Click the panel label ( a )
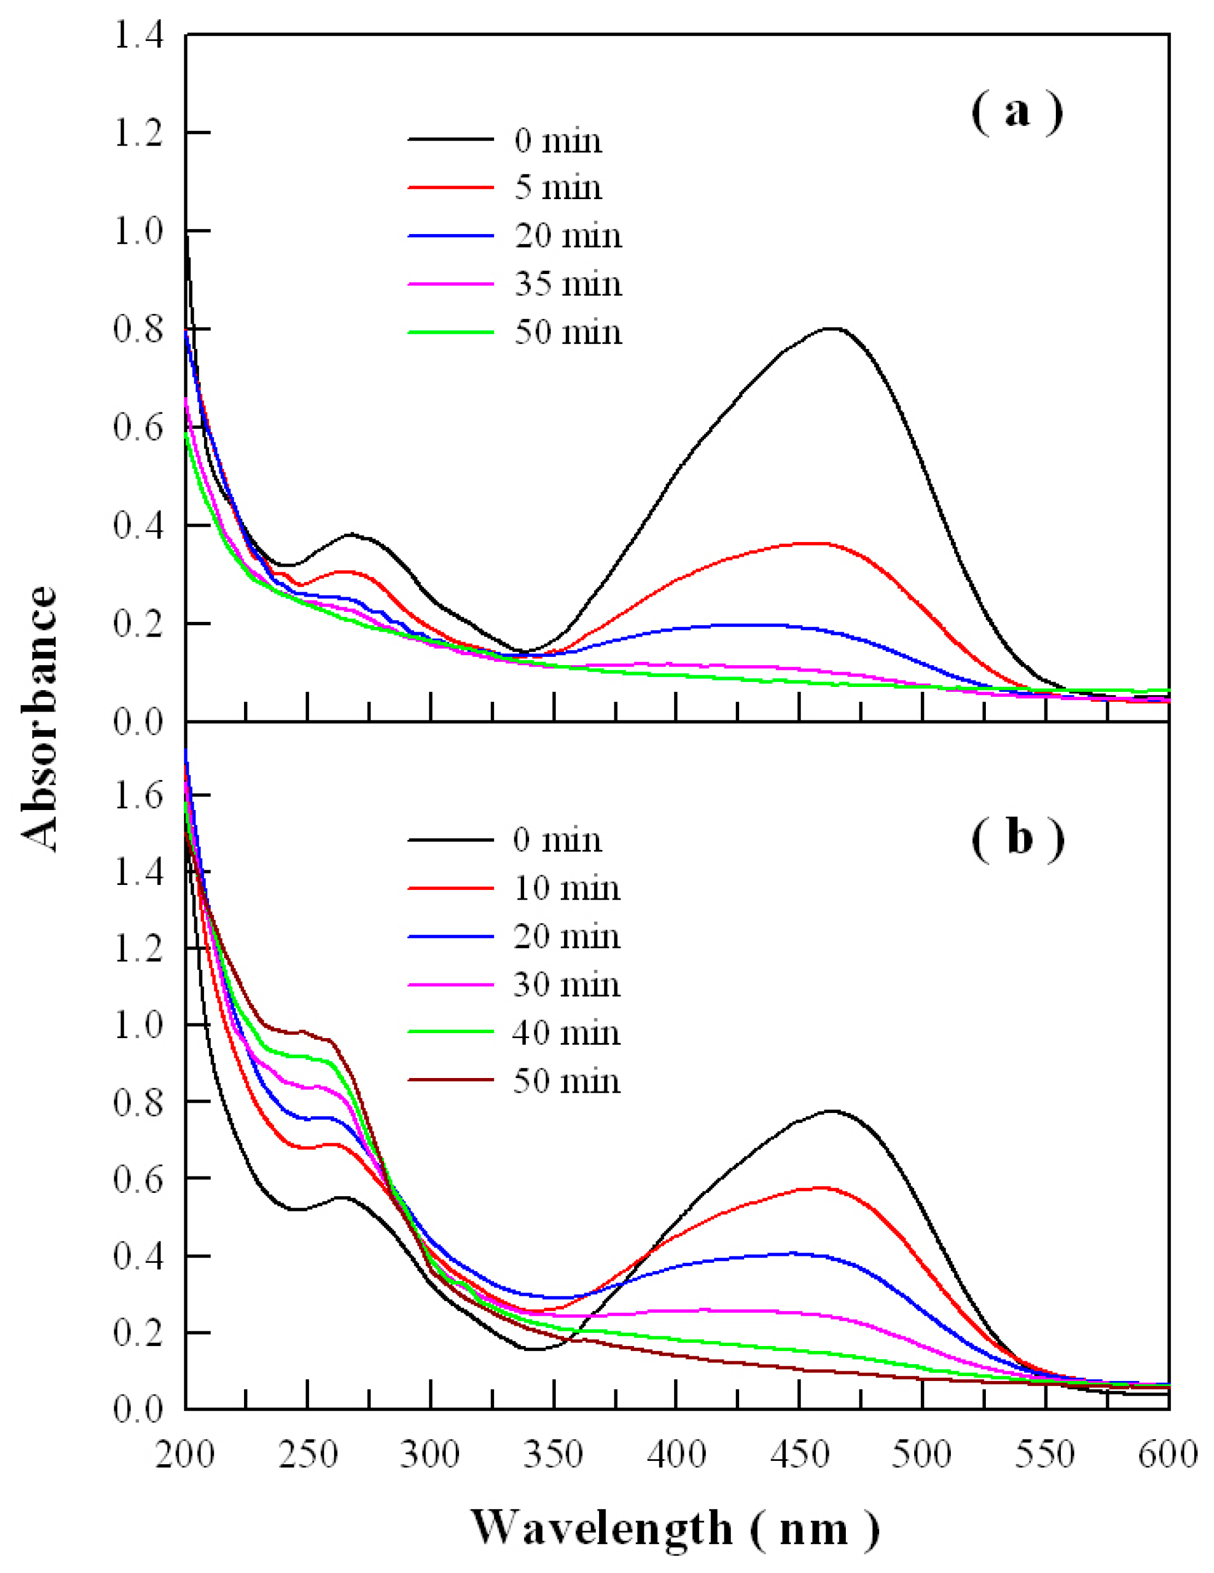pyautogui.click(x=1016, y=113)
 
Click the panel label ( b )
pyautogui.click(x=1017, y=838)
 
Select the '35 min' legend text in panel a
pyautogui.click(x=568, y=284)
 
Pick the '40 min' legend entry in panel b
pyautogui.click(x=566, y=1033)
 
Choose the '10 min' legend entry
pyautogui.click(x=566, y=888)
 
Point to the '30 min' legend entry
pyautogui.click(x=566, y=984)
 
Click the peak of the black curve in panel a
pyautogui.click(x=832, y=328)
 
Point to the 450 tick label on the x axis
pyautogui.click(x=799, y=1455)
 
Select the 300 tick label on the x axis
pyautogui.click(x=430, y=1455)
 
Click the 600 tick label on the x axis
pyautogui.click(x=1167, y=1455)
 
